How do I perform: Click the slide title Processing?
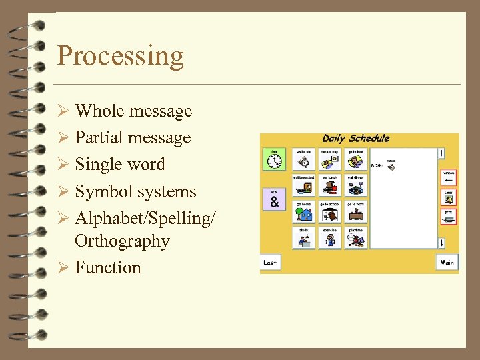(x=120, y=56)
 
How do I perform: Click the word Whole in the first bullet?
(x=99, y=111)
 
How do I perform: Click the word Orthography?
(x=122, y=241)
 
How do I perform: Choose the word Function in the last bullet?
(x=108, y=267)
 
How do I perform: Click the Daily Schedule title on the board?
(x=355, y=139)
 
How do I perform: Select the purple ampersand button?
(x=274, y=199)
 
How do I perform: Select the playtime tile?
(x=355, y=238)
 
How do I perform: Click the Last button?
(x=270, y=263)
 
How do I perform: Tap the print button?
(x=449, y=216)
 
